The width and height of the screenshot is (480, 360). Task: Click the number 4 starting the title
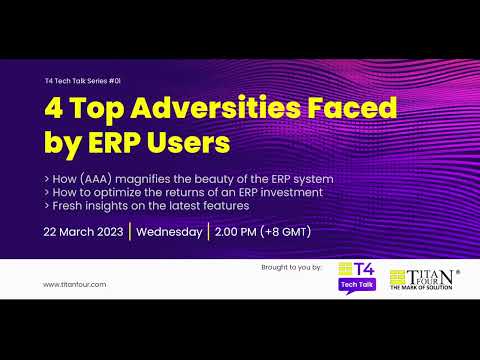(x=55, y=107)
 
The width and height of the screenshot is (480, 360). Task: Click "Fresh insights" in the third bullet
(x=86, y=205)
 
